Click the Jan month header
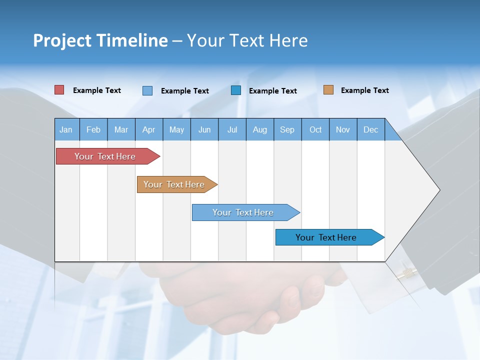[66, 129]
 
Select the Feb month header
[93, 129]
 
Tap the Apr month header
[149, 129]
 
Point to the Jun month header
[204, 129]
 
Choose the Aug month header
[260, 129]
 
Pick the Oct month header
[315, 129]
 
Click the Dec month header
[371, 129]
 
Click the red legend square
[59, 90]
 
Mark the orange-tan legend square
[328, 90]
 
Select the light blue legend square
[147, 90]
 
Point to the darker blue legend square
[236, 90]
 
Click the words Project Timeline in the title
[100, 40]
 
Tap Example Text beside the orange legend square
[364, 90]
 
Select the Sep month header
[287, 129]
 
